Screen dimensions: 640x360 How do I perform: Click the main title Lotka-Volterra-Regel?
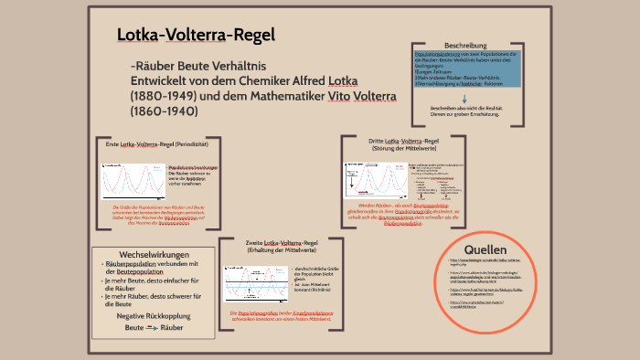click(x=195, y=35)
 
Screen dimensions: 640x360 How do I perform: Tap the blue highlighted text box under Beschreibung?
click(x=467, y=70)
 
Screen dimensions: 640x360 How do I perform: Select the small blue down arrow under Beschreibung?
click(x=467, y=99)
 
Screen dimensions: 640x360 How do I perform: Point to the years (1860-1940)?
click(x=165, y=111)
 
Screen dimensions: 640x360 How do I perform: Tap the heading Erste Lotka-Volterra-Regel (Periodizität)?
click(x=157, y=144)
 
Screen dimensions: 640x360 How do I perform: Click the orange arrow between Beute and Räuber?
click(x=153, y=327)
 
